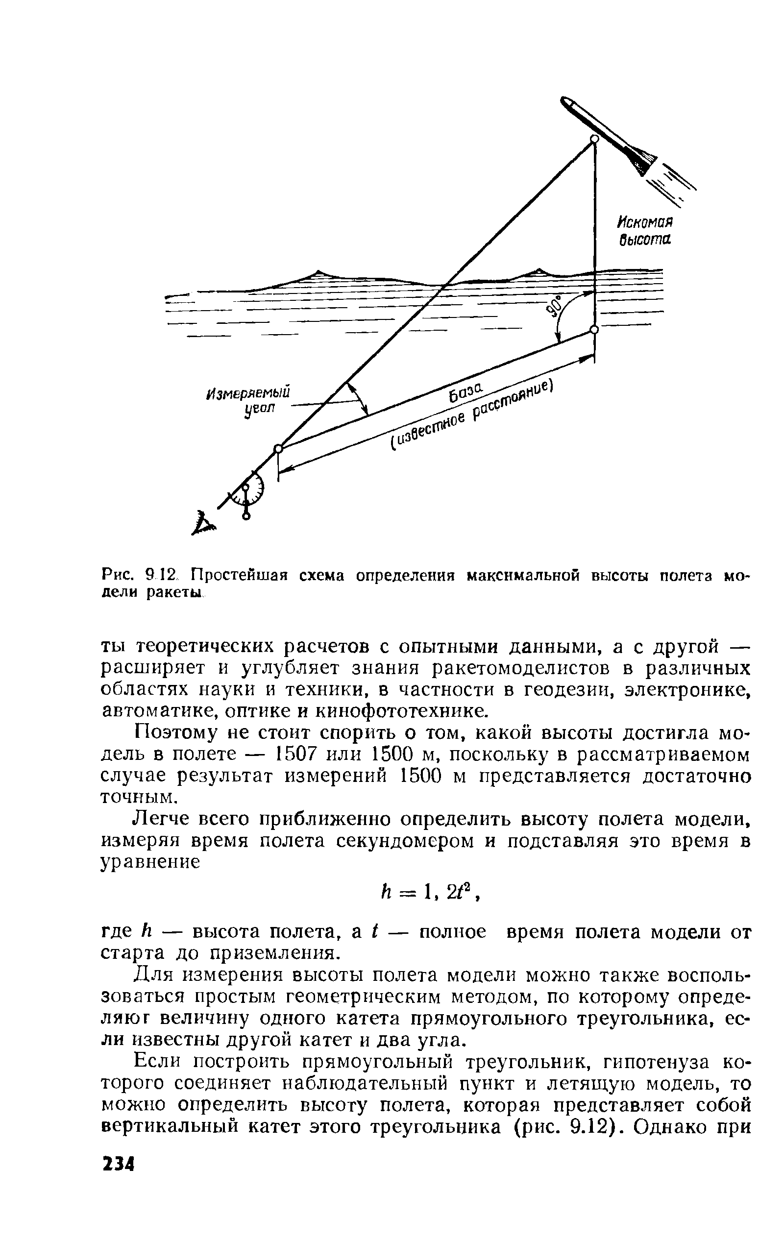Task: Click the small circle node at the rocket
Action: coord(594,139)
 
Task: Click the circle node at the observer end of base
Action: coord(278,449)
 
